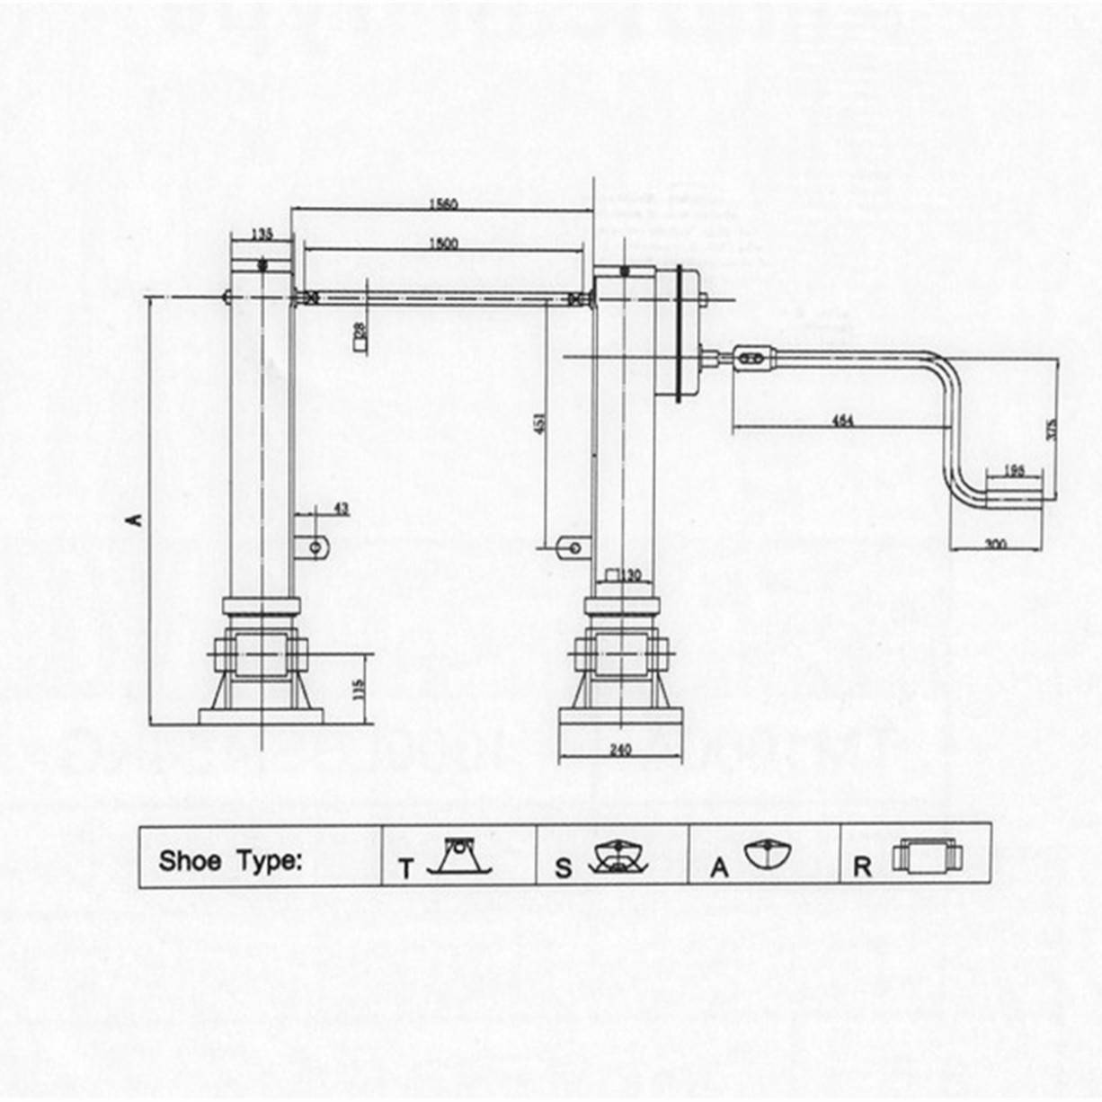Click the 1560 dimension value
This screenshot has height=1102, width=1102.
tap(442, 204)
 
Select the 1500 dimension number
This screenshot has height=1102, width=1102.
tap(442, 244)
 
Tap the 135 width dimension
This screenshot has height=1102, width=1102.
tap(262, 234)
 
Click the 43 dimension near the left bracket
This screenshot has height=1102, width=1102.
tap(342, 509)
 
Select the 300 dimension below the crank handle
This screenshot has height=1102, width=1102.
tap(995, 544)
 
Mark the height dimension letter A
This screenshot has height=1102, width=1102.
tap(137, 519)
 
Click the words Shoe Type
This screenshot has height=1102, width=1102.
tap(230, 861)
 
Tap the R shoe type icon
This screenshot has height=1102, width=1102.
tap(928, 855)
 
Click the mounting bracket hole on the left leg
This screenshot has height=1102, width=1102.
tap(315, 546)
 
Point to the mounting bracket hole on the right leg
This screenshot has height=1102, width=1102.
tap(567, 545)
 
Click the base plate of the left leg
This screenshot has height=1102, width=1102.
tap(261, 716)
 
